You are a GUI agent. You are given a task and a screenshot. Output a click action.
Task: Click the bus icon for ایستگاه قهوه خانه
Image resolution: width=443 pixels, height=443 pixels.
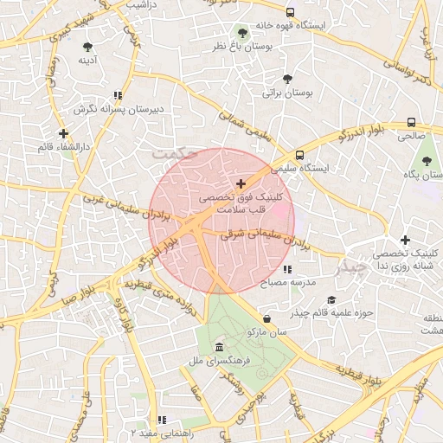pos(290,12)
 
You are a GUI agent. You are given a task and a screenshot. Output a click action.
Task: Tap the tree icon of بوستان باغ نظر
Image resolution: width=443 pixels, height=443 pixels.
pos(241,34)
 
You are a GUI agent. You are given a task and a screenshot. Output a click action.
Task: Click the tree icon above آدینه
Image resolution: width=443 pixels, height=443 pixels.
pos(87,47)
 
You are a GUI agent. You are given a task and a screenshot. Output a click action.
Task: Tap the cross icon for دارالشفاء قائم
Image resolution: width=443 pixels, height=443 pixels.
pos(62,133)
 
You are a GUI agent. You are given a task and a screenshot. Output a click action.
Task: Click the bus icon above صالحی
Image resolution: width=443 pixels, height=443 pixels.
pos(410,122)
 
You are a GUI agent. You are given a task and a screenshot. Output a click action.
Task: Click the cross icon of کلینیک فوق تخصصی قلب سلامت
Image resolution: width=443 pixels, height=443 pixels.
pos(241,183)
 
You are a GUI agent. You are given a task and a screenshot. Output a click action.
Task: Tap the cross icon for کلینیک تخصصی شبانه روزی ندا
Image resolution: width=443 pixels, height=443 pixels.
pos(405,240)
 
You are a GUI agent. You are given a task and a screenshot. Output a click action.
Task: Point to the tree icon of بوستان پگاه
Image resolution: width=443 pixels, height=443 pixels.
pos(426,161)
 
